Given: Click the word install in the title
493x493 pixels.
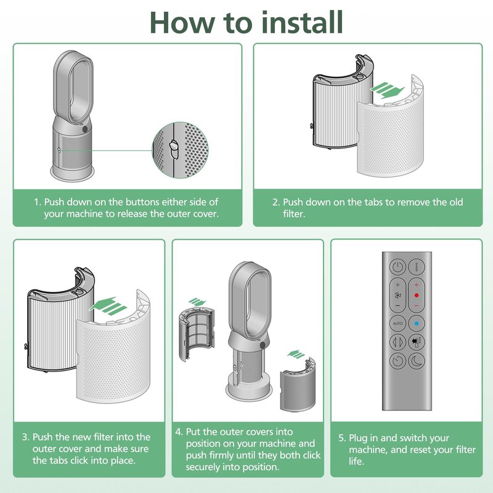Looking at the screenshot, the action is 302,22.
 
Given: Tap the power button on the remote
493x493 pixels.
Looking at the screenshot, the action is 397,267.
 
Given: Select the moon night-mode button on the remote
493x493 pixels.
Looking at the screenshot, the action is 417,361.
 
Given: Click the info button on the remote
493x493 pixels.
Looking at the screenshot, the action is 417,267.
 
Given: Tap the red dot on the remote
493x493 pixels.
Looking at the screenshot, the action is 417,295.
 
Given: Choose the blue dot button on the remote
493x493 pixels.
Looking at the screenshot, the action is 417,323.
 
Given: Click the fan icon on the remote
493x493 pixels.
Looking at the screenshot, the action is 397,295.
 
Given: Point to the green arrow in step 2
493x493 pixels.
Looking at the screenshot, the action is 387,90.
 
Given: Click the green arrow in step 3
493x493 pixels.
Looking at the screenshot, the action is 108,306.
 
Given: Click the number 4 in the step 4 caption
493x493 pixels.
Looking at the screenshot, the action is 179,432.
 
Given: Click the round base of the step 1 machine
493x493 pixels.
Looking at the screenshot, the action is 72,173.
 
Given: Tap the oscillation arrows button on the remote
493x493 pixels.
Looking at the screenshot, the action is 397,342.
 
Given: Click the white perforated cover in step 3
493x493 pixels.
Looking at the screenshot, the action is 114,361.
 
